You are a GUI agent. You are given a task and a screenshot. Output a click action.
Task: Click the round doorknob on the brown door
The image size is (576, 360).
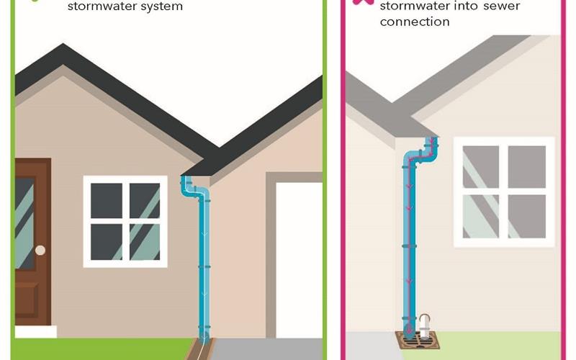(40, 251)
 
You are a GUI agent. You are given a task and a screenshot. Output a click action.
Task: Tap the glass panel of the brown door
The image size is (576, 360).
(24, 223)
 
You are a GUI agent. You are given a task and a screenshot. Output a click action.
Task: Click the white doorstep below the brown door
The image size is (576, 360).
(36, 331)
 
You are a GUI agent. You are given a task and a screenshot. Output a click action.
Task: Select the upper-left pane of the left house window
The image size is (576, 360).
(107, 201)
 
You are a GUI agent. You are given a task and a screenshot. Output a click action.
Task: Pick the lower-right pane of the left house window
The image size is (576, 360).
(145, 242)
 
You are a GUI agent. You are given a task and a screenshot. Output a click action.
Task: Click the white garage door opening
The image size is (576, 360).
(299, 260)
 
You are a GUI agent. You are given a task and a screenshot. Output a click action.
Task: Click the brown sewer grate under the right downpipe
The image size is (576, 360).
(418, 340)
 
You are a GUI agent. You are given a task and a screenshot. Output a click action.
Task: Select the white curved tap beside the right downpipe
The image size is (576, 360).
(425, 325)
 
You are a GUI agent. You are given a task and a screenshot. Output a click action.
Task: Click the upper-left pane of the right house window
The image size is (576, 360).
(480, 167)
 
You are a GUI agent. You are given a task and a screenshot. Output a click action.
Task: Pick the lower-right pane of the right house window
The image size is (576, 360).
(527, 216)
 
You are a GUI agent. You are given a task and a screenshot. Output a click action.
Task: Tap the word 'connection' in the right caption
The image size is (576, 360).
(415, 22)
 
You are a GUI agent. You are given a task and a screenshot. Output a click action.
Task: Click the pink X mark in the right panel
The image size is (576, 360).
(363, 2)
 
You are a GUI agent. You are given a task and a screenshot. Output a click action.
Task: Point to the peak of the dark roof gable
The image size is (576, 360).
(63, 44)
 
